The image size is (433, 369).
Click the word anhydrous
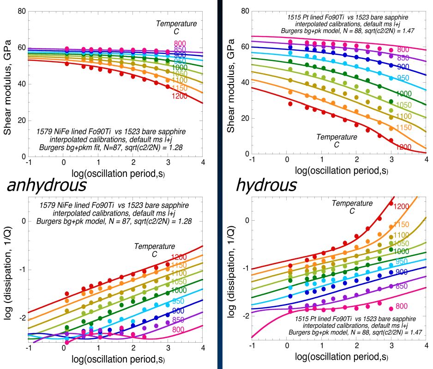point(46,185)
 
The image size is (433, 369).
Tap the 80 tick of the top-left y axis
point(21,11)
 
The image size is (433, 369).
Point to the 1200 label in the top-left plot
point(180,96)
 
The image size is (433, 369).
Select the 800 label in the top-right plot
point(403,49)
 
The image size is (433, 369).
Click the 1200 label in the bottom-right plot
point(402,206)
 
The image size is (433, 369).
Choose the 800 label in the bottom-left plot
point(180,330)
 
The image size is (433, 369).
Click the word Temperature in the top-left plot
point(176,24)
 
